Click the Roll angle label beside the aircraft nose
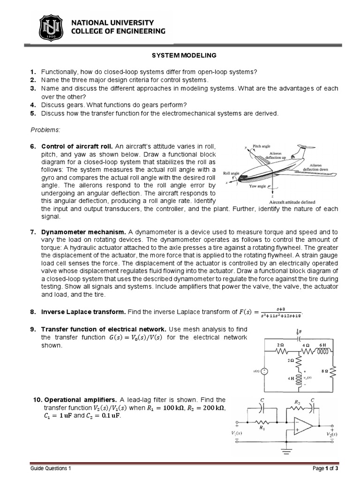click(x=232, y=173)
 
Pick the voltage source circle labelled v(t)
click(x=264, y=371)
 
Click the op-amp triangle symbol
click(x=303, y=425)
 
